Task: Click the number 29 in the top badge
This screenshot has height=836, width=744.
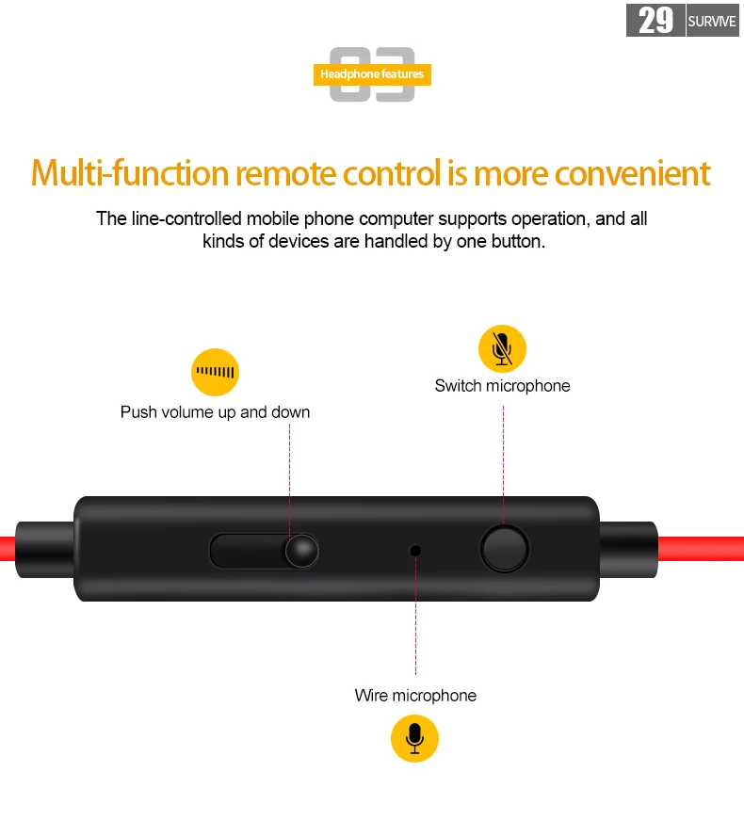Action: click(x=655, y=21)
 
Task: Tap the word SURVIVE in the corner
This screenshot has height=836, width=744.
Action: click(x=712, y=22)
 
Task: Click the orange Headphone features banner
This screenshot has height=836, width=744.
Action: click(x=372, y=74)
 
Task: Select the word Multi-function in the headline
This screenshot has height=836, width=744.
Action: click(x=130, y=173)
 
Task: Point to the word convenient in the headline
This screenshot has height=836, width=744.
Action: click(x=633, y=173)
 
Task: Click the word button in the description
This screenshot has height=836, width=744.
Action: click(x=517, y=242)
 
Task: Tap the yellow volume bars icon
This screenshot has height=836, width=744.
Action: click(x=215, y=372)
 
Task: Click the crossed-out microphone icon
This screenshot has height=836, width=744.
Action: click(x=502, y=348)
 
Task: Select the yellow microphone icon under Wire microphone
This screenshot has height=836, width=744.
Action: click(x=414, y=738)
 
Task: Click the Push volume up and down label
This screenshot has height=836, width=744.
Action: click(x=215, y=412)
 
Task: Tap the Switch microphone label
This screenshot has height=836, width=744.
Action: click(x=502, y=385)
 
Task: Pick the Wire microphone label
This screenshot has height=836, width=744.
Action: click(x=415, y=695)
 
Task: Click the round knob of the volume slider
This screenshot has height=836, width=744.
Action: click(x=302, y=551)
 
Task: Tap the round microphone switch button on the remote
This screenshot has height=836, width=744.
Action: click(x=505, y=549)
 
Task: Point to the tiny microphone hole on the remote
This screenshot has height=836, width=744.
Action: click(x=415, y=550)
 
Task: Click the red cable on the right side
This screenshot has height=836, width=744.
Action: click(x=701, y=549)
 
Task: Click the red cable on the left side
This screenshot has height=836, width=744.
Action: click(x=8, y=549)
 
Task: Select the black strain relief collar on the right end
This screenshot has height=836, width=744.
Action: click(x=629, y=549)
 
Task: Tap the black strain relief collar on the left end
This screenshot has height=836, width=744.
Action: click(x=45, y=550)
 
